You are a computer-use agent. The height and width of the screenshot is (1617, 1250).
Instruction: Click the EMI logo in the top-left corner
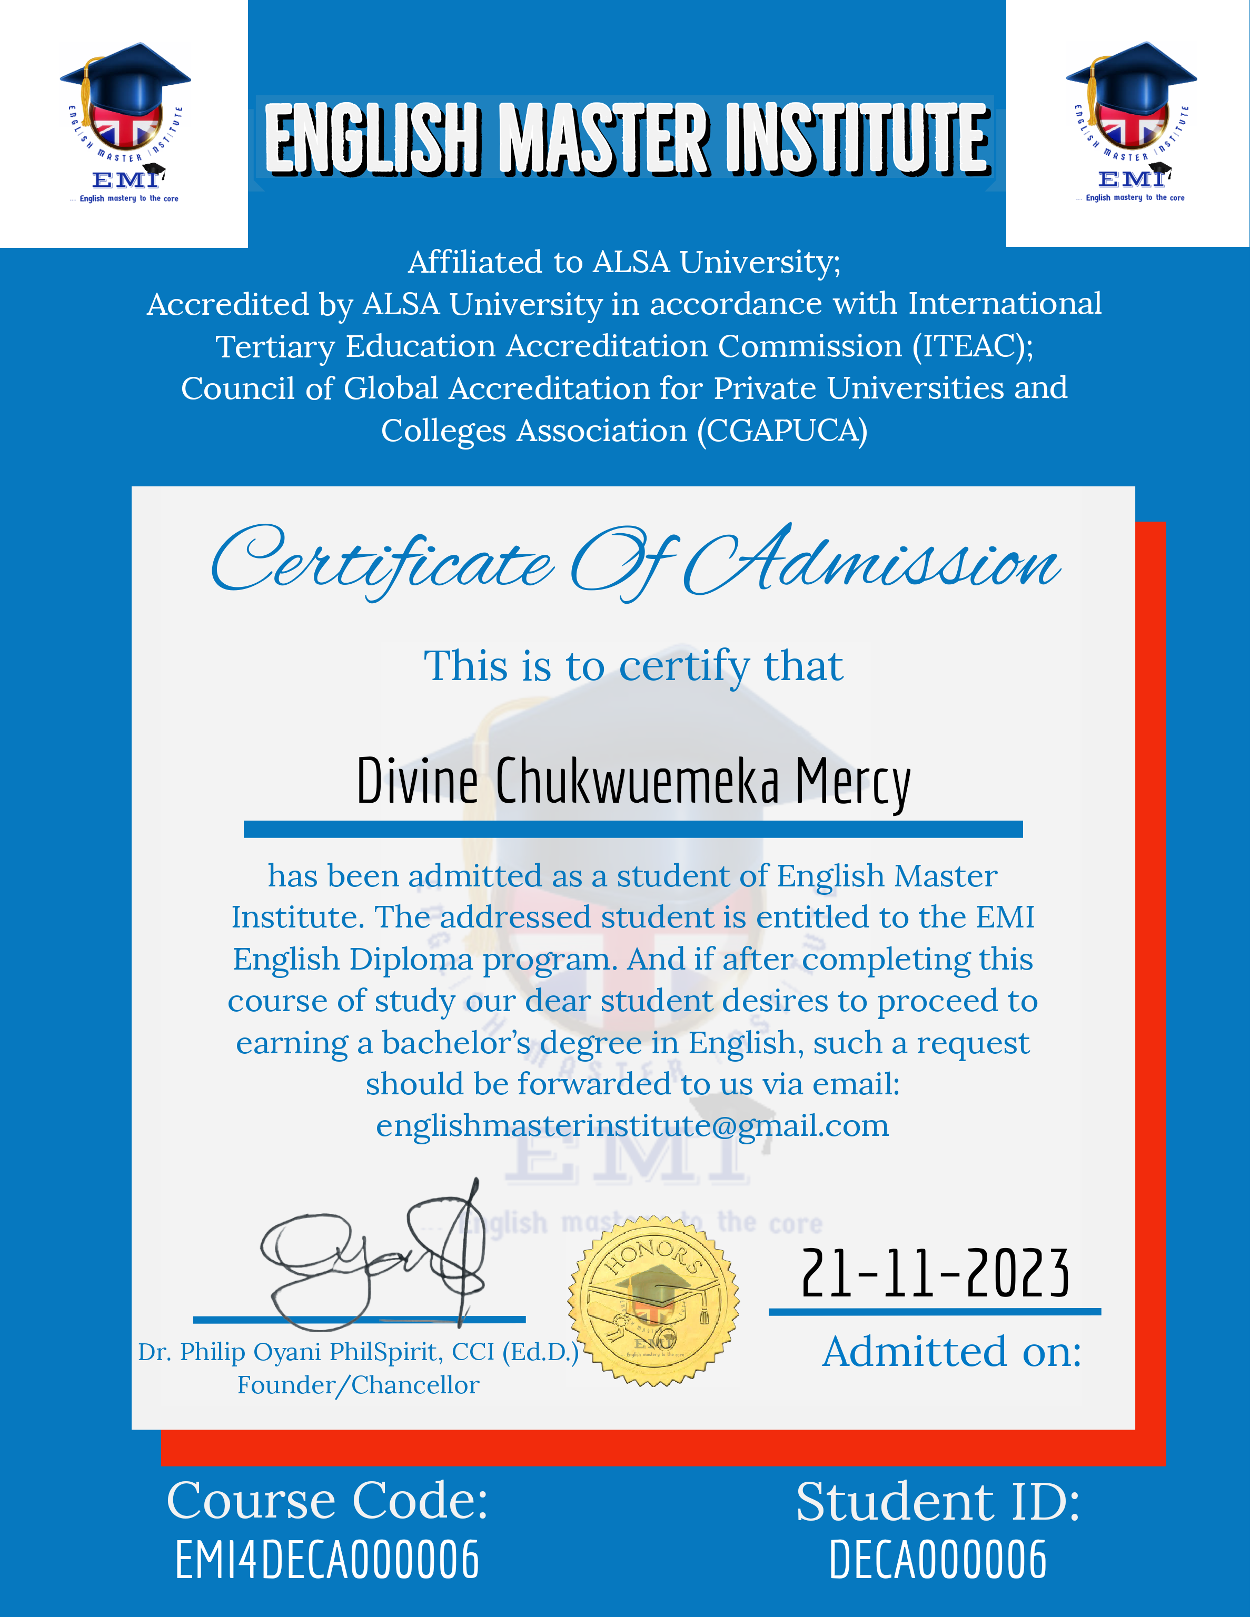(x=124, y=123)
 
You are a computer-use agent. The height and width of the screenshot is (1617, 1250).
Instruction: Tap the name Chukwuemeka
(x=637, y=781)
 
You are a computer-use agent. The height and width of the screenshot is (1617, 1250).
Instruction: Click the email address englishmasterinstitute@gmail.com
(x=632, y=1126)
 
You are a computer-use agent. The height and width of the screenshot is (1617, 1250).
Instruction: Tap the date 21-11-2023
(x=935, y=1273)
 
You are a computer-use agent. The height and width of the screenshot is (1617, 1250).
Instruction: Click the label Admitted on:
(x=951, y=1352)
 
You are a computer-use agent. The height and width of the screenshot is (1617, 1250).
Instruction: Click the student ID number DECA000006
(x=937, y=1560)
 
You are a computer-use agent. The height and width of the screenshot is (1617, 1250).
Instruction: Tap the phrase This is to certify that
(x=633, y=666)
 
